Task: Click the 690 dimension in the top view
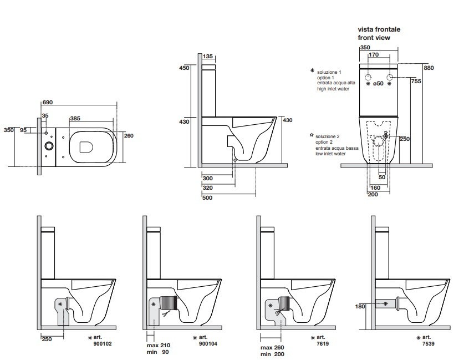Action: (x=48, y=103)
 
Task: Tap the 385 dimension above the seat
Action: (x=75, y=118)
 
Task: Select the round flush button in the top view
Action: (x=49, y=145)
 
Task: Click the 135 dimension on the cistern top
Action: (x=208, y=56)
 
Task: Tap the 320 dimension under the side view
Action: (x=208, y=187)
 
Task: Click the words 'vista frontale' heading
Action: (x=379, y=29)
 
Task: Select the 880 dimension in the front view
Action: (x=429, y=68)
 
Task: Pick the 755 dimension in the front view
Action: (x=416, y=81)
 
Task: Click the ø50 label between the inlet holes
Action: (x=379, y=83)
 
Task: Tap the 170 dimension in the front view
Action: (x=374, y=55)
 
